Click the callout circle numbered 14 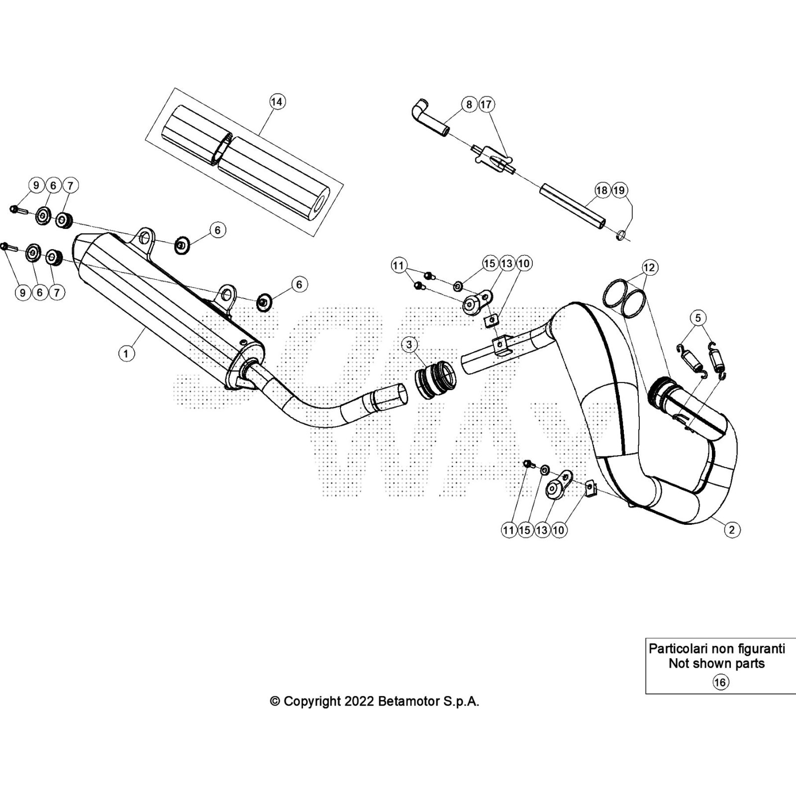pos(277,101)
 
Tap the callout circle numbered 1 pos(126,353)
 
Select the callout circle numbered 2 pos(732,530)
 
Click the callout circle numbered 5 pos(698,317)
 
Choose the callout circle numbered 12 pos(649,267)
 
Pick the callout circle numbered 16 pos(720,682)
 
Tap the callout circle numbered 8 pos(469,104)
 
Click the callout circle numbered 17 pos(486,104)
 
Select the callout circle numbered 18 pos(602,190)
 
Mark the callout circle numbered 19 pos(619,190)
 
